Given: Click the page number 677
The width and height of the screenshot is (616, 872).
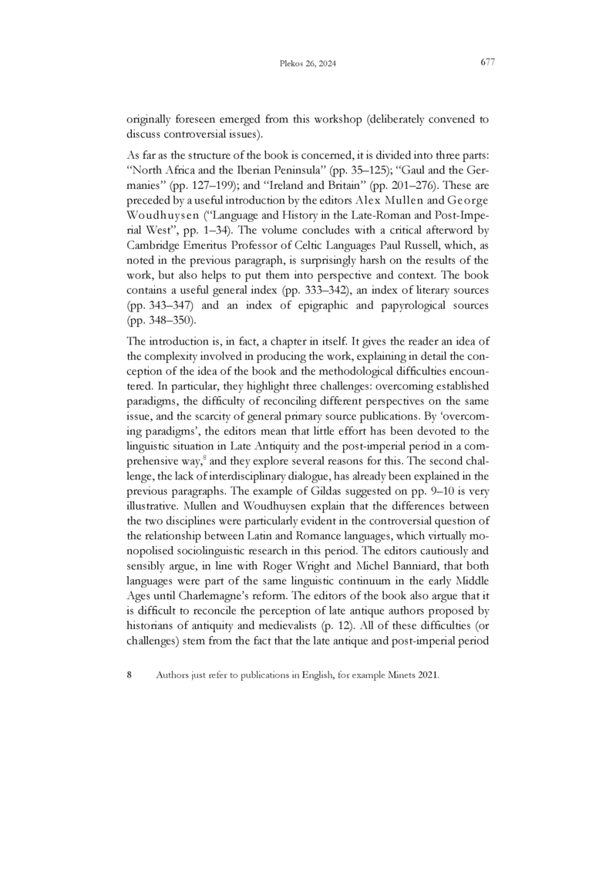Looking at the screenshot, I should (x=486, y=62).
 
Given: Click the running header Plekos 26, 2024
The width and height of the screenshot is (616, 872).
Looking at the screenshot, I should (x=308, y=64).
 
